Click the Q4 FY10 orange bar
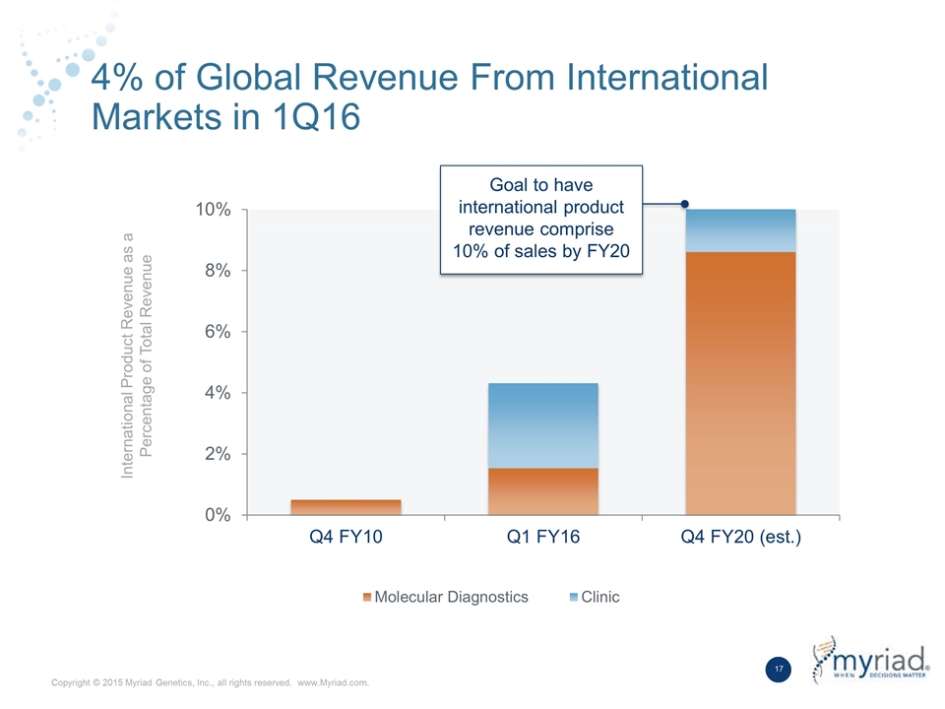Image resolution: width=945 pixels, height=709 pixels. tap(346, 507)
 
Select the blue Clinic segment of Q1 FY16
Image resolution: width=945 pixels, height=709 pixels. tap(543, 425)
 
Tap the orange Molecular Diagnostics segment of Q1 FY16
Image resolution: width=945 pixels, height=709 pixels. tap(543, 491)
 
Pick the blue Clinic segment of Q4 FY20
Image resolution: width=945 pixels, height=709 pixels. tap(740, 230)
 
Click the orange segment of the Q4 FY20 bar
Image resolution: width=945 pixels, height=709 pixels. tap(740, 383)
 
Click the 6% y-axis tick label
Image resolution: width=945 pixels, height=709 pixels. tap(218, 332)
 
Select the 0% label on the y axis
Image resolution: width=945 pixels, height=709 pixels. tap(218, 515)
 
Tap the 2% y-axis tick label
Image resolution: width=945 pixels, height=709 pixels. tap(218, 454)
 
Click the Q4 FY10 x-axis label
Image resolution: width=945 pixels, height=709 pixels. tap(346, 537)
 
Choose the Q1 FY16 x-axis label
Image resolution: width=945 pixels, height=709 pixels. tap(543, 537)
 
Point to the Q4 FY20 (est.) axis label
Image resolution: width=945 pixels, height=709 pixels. tap(740, 537)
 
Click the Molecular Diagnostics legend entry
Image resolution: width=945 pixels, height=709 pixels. tap(445, 597)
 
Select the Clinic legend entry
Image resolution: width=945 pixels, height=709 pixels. tap(595, 597)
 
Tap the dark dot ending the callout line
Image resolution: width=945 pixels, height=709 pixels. tap(685, 205)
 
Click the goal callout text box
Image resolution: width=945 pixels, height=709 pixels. tap(541, 220)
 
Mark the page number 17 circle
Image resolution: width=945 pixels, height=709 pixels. tap(779, 670)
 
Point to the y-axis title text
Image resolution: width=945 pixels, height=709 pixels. tap(137, 355)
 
